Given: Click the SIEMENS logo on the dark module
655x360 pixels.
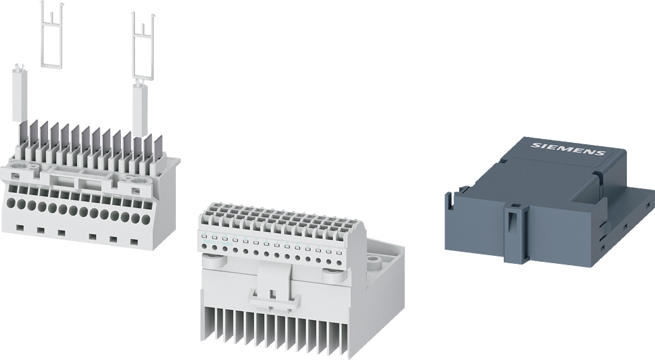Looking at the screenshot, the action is [x=567, y=148].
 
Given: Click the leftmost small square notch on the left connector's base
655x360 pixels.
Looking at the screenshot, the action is [x=19, y=228].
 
